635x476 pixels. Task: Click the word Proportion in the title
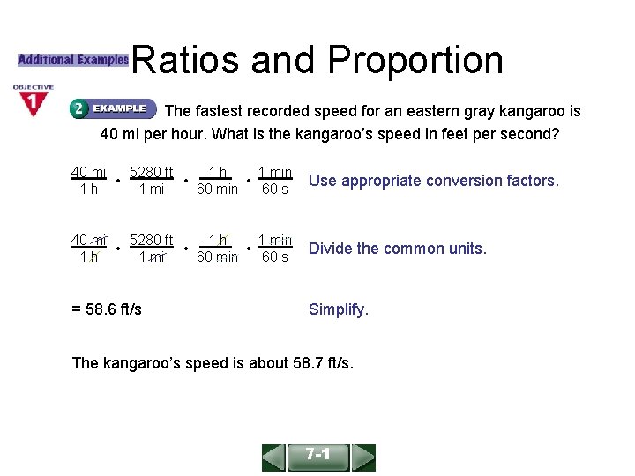point(415,60)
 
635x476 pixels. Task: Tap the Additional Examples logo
point(73,60)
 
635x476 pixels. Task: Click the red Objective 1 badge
point(34,100)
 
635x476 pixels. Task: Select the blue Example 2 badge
point(113,108)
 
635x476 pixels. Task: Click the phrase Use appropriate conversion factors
point(433,181)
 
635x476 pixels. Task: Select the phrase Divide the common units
point(397,249)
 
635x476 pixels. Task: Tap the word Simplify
point(339,309)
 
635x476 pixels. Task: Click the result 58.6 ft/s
point(107,309)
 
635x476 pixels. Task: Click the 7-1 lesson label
point(317,456)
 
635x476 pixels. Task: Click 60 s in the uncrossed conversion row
point(275,190)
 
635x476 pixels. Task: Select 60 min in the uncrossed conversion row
point(217,190)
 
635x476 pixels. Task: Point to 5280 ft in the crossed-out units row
point(152,240)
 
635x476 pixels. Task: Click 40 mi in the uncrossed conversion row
point(88,172)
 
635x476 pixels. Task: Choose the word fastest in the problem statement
point(218,112)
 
